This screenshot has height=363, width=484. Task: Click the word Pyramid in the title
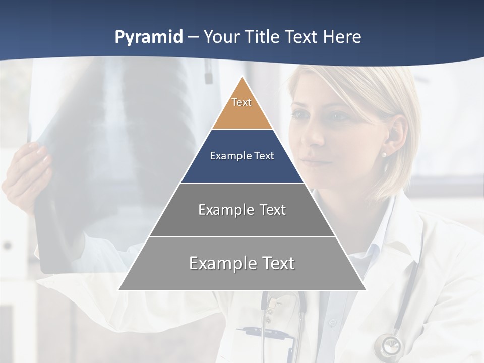point(149,37)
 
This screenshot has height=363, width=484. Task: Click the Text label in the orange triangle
point(241,102)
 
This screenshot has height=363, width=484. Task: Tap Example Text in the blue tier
point(242,156)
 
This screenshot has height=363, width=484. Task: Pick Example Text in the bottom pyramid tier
point(242,263)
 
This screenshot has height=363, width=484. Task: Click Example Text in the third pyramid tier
point(242,210)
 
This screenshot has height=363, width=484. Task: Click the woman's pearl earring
point(384,154)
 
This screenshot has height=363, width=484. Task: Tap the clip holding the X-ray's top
point(208,71)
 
